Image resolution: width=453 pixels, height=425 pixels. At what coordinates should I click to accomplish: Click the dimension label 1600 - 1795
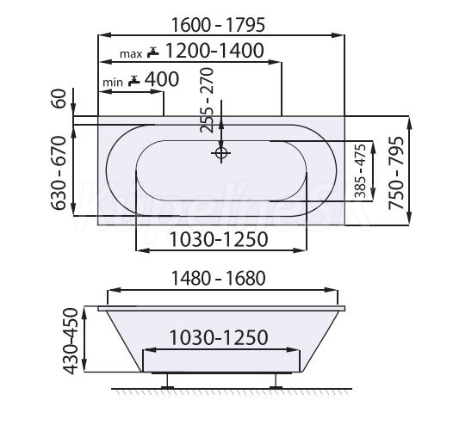(218, 25)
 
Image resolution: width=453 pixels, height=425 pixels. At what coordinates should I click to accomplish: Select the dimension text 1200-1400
(214, 51)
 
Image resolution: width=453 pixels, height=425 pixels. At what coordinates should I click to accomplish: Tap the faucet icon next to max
(152, 52)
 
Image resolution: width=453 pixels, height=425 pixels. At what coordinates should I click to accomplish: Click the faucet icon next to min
(134, 81)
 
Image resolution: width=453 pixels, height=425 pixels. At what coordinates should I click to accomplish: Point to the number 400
(162, 79)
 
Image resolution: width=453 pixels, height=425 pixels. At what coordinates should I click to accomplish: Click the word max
(131, 54)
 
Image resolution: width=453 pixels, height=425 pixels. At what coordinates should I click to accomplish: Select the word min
(113, 83)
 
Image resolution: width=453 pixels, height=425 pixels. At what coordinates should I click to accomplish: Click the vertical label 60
(59, 98)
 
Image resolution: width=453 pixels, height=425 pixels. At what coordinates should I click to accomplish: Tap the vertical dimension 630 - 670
(59, 173)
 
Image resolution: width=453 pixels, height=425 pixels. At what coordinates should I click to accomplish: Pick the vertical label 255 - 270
(208, 100)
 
